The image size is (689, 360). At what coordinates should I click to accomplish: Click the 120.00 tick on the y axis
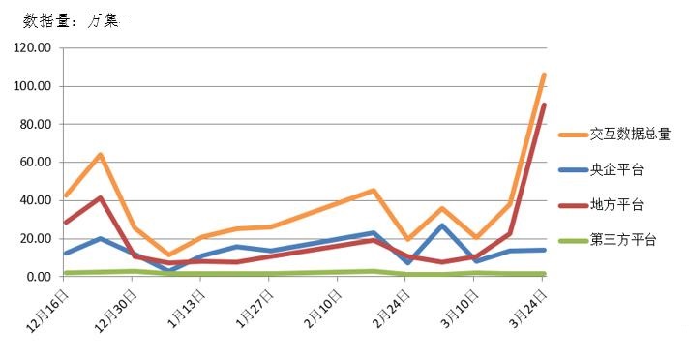pos(33,48)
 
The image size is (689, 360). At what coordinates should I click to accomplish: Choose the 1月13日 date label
pos(187,304)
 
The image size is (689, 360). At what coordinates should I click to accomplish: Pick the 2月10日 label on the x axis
pos(324,304)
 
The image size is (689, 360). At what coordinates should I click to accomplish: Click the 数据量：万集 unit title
pos(70,20)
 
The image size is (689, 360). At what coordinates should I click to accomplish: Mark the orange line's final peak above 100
pos(544,75)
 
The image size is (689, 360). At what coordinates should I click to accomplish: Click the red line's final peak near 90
pos(544,105)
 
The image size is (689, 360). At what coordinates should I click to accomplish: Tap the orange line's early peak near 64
pos(100,155)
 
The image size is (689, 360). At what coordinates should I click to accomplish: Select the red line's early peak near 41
pos(100,198)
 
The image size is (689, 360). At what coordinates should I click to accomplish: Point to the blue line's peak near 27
pos(441,226)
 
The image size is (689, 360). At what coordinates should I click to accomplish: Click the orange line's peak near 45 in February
pos(373,191)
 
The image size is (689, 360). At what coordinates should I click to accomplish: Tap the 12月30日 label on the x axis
pos(117,304)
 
